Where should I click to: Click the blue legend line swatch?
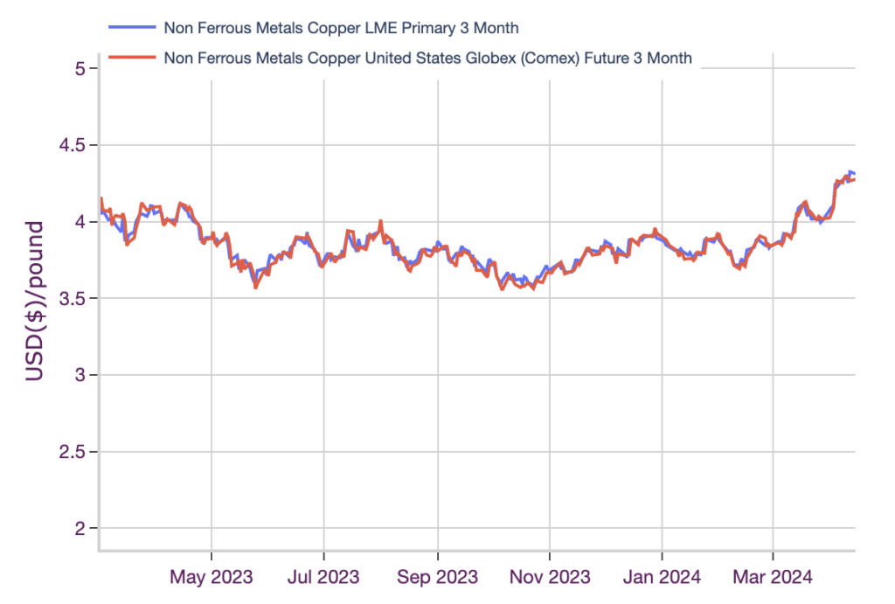132,27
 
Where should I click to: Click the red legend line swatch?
132,57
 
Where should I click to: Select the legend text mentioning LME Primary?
342,28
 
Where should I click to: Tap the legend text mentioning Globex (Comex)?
428,59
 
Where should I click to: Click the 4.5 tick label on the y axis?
72,145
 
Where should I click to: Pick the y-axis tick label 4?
80,221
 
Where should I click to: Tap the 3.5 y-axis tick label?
72,298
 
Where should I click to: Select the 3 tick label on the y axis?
80,375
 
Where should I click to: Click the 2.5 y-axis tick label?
72,452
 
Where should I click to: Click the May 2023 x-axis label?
212,577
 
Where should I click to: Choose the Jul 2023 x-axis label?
323,577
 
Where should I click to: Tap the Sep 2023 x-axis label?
438,577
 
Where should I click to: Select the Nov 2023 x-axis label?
550,577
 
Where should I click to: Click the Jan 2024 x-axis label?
663,577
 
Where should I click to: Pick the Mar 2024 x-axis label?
773,577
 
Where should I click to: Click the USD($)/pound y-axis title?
35,301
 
